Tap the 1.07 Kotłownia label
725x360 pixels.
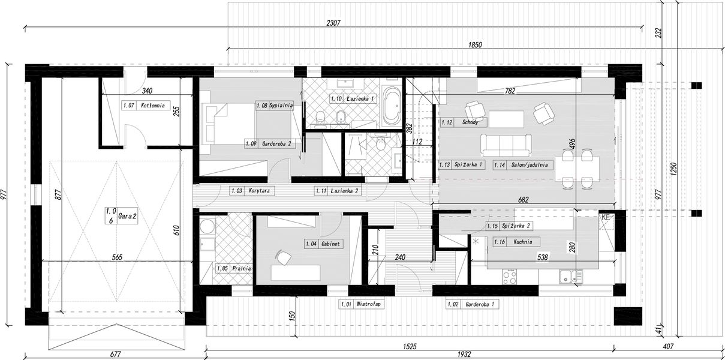[x=146, y=105]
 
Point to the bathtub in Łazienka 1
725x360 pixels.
[x=392, y=106]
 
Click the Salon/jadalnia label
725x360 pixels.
[x=530, y=165]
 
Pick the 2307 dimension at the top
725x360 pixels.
[x=333, y=23]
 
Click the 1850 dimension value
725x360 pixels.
[x=475, y=44]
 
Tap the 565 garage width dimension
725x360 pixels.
[x=117, y=257]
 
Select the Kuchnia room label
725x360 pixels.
[x=523, y=242]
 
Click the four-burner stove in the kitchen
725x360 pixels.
[x=510, y=277]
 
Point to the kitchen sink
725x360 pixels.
[x=570, y=276]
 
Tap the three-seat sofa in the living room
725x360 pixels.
[x=506, y=146]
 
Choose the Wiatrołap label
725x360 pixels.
[x=368, y=304]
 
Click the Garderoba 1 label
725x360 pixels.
[x=479, y=304]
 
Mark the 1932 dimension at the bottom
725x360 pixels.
[x=464, y=354]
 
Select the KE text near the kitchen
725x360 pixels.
[x=606, y=218]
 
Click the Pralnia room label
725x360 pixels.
[x=242, y=268]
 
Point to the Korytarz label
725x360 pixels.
[x=259, y=191]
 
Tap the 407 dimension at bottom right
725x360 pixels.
[x=668, y=346]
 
